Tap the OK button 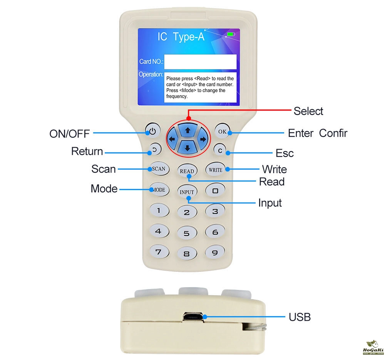tap(222, 131)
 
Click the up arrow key tap(188, 130)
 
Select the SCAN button tap(159, 168)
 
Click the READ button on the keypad tap(187, 171)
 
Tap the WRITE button tap(215, 170)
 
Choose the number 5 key tap(187, 233)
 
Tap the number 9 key tap(215, 252)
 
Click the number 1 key tap(159, 210)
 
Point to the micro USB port tap(193, 317)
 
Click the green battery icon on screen tap(231, 34)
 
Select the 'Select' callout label tap(308, 111)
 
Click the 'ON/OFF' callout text tap(69, 134)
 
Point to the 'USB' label tap(300, 317)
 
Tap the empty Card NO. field tap(200, 62)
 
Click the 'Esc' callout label tap(285, 153)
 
